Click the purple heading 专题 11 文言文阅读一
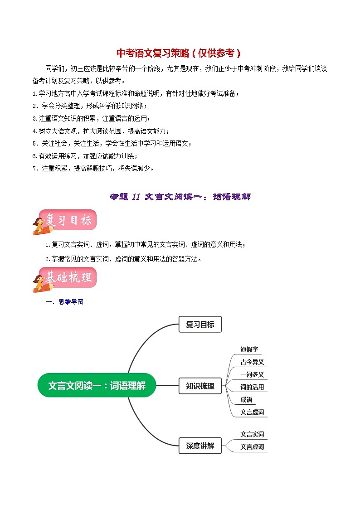[180, 197]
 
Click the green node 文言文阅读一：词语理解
[97, 386]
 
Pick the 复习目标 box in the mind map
[200, 325]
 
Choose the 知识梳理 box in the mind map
[200, 386]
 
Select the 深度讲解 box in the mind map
[200, 446]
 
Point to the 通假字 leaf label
[249, 349]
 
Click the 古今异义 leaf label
[252, 362]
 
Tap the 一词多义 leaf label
[252, 375]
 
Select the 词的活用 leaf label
[252, 387]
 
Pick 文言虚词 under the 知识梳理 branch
[252, 412]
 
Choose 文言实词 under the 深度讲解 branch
[252, 434]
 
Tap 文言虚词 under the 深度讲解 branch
[252, 446]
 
